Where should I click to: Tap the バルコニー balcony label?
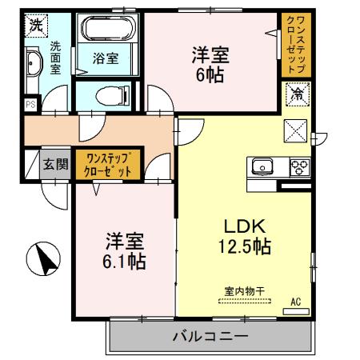pyautogui.click(x=210, y=337)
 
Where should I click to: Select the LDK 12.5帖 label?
pyautogui.click(x=244, y=236)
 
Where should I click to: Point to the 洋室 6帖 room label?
pyautogui.click(x=210, y=65)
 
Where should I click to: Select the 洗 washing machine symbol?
pyautogui.click(x=35, y=25)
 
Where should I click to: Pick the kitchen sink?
pyautogui.click(x=262, y=166)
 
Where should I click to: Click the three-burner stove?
pyautogui.click(x=299, y=167)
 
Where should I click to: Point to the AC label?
pyautogui.click(x=295, y=302)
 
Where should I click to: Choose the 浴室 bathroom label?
pyautogui.click(x=107, y=58)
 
